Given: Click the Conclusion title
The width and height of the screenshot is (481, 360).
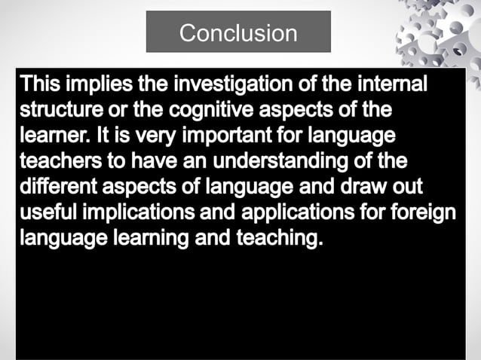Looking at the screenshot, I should pyautogui.click(x=238, y=32).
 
